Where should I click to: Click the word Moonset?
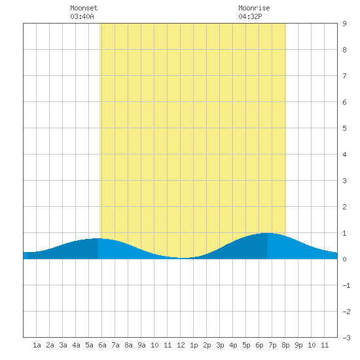coord(84,8)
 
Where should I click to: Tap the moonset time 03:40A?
coord(82,16)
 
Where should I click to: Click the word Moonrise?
coord(254,8)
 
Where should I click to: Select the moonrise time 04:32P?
coord(250,16)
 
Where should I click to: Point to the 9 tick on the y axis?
coord(344,24)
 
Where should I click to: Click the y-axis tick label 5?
coord(344,128)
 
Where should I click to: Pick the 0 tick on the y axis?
coord(344,259)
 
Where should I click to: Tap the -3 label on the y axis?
coord(346,338)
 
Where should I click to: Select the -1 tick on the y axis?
coord(346,285)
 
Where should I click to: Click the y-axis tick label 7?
coord(344,76)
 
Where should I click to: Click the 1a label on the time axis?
coord(37,345)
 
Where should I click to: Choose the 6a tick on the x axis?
coord(102,345)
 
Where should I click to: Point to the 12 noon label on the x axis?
coord(181,345)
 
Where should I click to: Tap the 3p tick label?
coord(220,345)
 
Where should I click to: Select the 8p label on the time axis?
coord(285,345)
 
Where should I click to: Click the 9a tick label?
coord(141,345)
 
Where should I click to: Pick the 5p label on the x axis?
coord(246,345)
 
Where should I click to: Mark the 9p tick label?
coord(298,345)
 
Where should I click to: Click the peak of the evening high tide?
coord(268,233)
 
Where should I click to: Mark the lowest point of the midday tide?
coord(183,258)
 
